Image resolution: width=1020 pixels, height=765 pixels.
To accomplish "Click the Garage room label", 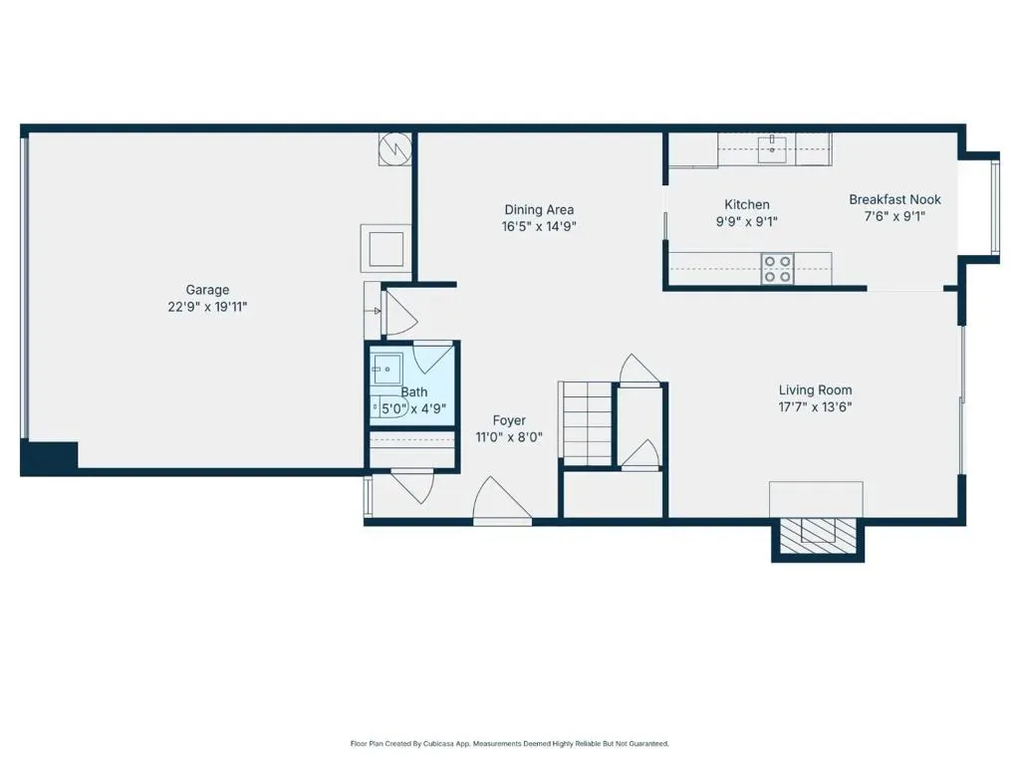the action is [207, 290].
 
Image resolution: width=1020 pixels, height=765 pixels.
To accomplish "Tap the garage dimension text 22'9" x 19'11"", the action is [207, 307].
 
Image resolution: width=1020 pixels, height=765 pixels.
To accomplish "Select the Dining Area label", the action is [539, 209].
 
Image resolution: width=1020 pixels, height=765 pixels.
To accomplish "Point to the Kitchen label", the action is [747, 204].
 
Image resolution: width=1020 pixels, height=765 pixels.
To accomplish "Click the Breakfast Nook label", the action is [895, 199].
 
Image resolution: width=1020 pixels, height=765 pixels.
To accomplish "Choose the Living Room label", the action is [815, 390].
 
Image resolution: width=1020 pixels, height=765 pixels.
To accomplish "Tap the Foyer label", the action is [509, 421].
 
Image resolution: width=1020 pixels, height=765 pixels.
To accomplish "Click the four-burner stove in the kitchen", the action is [777, 269].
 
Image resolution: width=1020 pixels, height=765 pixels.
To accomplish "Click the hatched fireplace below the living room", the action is [818, 536].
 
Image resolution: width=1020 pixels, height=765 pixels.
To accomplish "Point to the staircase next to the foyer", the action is [586, 423].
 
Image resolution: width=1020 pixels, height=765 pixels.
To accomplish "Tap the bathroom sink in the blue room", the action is [386, 370].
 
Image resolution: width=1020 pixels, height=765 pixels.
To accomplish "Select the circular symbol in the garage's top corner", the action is [394, 149].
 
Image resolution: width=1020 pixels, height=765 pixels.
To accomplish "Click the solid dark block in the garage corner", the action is [50, 457].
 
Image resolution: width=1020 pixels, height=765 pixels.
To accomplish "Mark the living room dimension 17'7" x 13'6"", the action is [815, 407].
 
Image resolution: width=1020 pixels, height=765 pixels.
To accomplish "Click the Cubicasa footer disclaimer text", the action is [509, 743].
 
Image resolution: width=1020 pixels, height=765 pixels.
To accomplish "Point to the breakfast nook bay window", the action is [995, 207].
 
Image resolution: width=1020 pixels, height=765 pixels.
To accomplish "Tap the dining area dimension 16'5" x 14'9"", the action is [539, 226].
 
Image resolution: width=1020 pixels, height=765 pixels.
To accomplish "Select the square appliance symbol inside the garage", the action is [386, 248].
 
